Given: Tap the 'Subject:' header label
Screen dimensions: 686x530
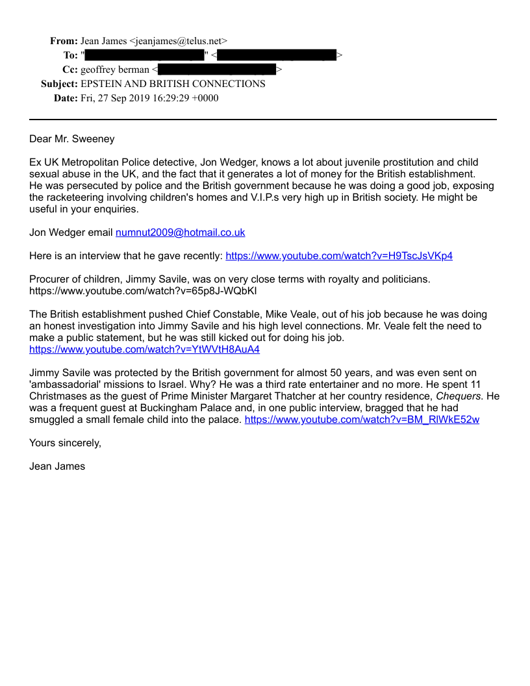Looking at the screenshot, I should tap(59, 84).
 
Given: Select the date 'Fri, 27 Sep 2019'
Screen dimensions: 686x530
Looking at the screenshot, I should tap(113, 98).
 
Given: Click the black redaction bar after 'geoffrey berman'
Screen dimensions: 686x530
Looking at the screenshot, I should tap(217, 70).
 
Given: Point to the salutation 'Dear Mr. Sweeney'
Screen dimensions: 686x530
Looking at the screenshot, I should tap(71, 138).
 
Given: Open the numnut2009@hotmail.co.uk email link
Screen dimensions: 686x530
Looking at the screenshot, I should tap(180, 233).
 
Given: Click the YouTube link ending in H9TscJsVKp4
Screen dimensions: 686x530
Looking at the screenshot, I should tap(339, 256).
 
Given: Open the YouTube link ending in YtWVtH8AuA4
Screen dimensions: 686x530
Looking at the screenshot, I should tap(144, 349).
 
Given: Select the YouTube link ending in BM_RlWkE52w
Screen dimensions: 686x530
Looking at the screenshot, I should tap(362, 420).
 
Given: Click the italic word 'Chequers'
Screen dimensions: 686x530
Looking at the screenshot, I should tap(460, 396).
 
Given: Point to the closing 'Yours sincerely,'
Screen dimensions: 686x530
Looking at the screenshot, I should tap(65, 443).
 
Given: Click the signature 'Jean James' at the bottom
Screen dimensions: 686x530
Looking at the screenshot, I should tap(57, 466).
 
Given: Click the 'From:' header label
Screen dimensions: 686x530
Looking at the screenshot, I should tap(64, 41).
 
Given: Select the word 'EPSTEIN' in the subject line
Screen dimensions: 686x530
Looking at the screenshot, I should tap(104, 84).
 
